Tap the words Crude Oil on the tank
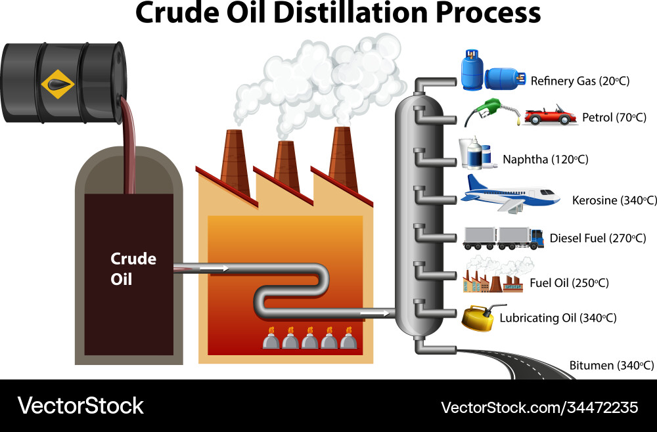(x=133, y=269)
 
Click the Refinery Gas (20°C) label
(x=579, y=81)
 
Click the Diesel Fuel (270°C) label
(x=597, y=238)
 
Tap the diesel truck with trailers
(x=503, y=238)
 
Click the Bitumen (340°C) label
(x=611, y=365)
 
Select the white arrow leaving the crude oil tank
(x=214, y=268)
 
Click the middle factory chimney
(x=287, y=166)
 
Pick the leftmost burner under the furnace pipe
(x=270, y=339)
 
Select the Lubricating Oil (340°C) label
(x=558, y=318)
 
